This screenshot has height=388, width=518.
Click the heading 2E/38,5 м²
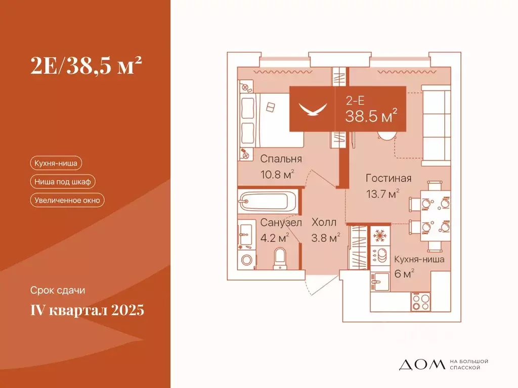tap(84, 66)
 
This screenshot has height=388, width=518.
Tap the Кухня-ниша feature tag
tap(56, 163)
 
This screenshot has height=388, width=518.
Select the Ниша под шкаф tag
tap(63, 181)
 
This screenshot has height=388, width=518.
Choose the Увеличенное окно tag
tap(67, 200)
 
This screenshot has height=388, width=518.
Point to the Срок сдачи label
tap(57, 290)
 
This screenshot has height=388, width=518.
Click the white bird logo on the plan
tap(312, 109)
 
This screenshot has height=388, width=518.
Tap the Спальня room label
tap(281, 159)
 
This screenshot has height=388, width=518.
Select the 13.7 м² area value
tap(383, 193)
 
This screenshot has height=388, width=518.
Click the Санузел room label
tap(281, 222)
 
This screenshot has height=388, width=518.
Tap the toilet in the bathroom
tap(279, 258)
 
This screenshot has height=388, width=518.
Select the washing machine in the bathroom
tap(247, 261)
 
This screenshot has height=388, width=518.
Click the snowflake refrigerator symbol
tap(379, 235)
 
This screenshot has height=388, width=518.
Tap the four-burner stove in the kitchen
tap(420, 302)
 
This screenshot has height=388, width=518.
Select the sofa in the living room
tap(436, 126)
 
